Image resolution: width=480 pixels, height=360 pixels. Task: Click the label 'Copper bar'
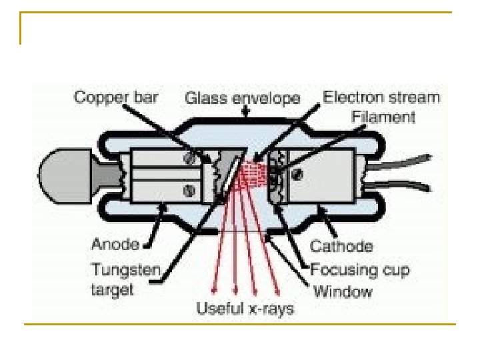click(x=116, y=98)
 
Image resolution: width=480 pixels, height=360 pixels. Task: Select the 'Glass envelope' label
click(x=242, y=99)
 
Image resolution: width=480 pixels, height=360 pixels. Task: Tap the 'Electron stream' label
click(x=381, y=97)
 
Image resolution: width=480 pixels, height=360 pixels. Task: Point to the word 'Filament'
click(x=383, y=117)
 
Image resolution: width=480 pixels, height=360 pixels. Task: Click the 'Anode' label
click(x=114, y=244)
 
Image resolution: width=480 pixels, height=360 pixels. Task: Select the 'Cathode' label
click(x=341, y=246)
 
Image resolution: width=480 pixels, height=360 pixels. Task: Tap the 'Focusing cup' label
click(x=361, y=269)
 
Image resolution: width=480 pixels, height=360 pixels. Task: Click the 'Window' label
click(x=343, y=291)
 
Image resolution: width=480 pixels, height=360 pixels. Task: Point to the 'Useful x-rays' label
click(x=245, y=309)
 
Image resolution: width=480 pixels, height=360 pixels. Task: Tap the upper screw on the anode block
click(x=190, y=159)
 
